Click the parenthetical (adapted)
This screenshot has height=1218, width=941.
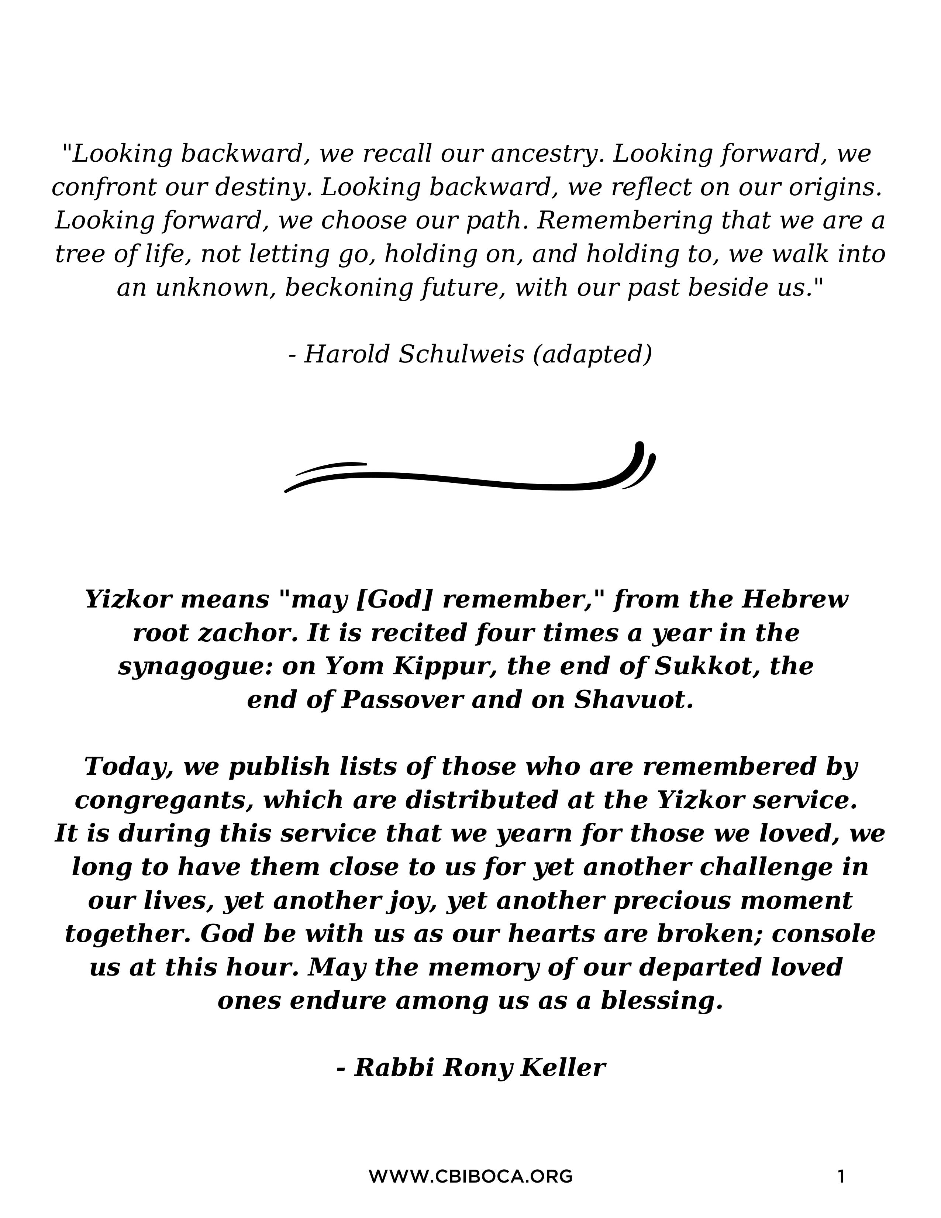[x=592, y=354]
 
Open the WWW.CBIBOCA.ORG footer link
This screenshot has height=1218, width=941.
[x=470, y=1177]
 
